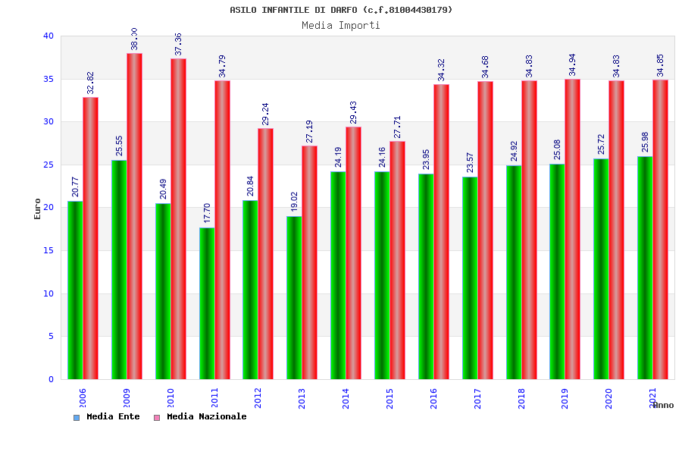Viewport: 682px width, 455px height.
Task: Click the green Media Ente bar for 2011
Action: click(x=207, y=303)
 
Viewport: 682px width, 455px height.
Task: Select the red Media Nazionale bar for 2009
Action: click(x=134, y=216)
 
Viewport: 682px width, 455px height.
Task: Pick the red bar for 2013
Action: click(x=309, y=262)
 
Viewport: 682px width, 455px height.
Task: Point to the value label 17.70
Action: click(x=207, y=212)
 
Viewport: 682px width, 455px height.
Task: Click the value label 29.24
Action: click(x=265, y=113)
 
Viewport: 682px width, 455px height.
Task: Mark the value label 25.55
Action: click(x=120, y=146)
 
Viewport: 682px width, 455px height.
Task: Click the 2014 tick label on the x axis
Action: click(x=346, y=398)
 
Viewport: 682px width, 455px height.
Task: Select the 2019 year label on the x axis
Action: click(x=565, y=398)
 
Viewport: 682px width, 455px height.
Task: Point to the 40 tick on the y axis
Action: click(x=48, y=36)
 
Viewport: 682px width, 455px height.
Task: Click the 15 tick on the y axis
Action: click(x=48, y=250)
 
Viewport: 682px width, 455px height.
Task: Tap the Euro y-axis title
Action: click(x=38, y=209)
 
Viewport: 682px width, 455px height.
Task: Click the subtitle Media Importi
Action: click(x=341, y=25)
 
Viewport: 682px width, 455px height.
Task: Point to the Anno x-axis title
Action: click(x=663, y=405)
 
